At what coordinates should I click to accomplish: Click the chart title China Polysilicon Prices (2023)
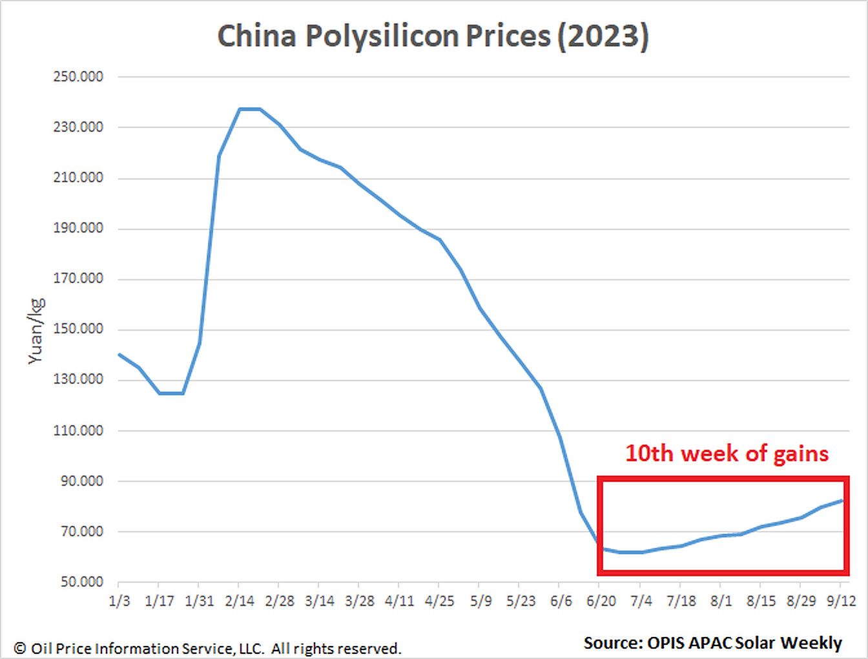pos(433,36)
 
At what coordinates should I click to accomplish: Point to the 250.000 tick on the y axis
pos(78,76)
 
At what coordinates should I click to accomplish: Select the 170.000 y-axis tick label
pos(78,278)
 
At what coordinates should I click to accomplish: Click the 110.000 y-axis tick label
pos(78,430)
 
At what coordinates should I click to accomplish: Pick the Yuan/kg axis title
pos(36,331)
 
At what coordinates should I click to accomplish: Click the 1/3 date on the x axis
pos(119,601)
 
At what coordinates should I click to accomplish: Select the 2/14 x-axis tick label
pos(240,601)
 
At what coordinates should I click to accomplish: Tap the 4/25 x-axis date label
pos(439,601)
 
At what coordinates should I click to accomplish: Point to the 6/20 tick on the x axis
pos(601,601)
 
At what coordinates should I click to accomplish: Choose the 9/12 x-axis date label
pos(842,601)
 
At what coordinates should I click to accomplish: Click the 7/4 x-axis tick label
pos(641,601)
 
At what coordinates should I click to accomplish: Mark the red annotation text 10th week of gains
pos(727,454)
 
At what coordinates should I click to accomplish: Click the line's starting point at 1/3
pos(119,355)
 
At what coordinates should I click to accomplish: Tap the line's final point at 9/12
pos(842,500)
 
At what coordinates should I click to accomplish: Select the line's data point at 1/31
pos(200,343)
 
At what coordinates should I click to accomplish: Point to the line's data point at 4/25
pos(440,240)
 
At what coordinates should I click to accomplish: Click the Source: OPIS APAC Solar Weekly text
pos(713,643)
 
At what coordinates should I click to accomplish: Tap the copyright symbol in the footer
pos(20,648)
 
